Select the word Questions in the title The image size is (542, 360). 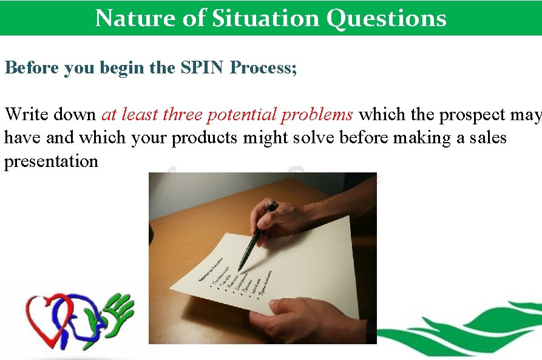click(386, 18)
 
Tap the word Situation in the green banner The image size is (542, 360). click(264, 18)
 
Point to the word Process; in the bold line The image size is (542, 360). click(263, 68)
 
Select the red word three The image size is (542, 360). click(182, 114)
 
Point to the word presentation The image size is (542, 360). click(51, 161)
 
